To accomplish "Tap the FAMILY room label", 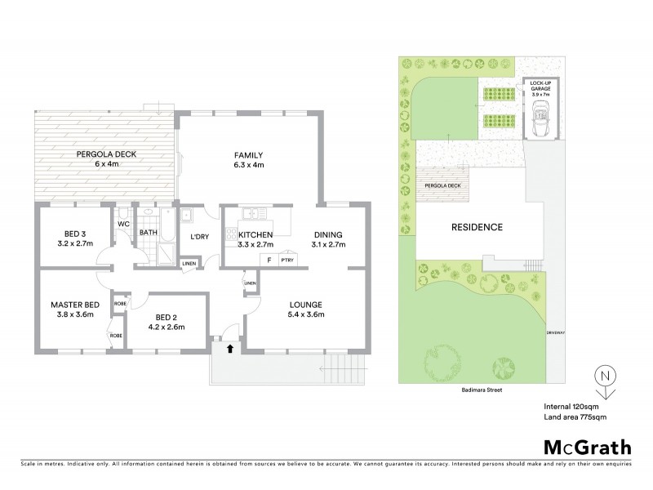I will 248,154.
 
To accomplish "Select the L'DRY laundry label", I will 198,237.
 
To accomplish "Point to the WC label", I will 123,223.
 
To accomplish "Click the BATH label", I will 148,232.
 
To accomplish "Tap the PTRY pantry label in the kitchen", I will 287,260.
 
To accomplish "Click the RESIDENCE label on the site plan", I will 479,226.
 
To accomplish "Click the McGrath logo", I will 585,447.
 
